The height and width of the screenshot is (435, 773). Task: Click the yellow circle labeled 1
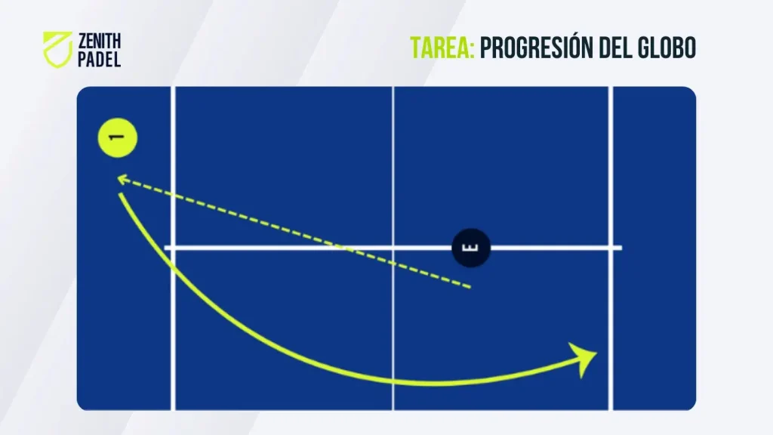tap(117, 137)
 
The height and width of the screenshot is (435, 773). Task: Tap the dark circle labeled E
tap(471, 248)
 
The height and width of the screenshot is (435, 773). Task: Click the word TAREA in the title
tap(442, 48)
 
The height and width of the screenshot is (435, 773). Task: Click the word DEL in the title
tap(616, 48)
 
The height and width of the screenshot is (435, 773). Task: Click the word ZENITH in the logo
tap(99, 41)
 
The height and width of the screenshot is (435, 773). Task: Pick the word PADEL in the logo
tap(99, 59)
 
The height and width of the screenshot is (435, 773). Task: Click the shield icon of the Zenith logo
tap(57, 49)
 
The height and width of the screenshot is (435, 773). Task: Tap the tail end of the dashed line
tap(470, 286)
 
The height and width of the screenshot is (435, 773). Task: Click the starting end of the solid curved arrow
tap(120, 194)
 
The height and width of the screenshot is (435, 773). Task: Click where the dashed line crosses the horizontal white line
tap(343, 248)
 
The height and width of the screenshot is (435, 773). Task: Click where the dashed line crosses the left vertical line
tap(173, 196)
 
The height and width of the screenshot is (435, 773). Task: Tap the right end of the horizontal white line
tap(621, 248)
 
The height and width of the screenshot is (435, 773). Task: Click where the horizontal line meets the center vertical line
tap(393, 248)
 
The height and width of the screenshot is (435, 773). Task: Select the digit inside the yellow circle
tap(117, 137)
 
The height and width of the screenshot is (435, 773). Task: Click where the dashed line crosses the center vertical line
tap(393, 264)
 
